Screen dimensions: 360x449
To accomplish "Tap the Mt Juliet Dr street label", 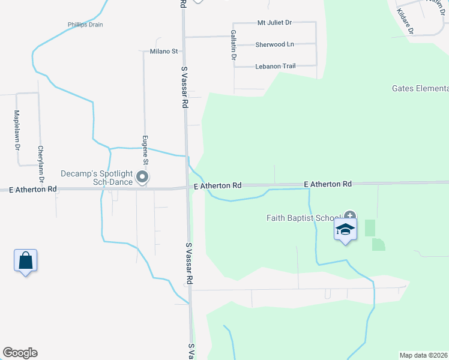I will (x=274, y=22).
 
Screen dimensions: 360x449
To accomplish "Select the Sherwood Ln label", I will (x=275, y=44).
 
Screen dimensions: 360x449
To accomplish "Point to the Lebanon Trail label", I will (x=276, y=66).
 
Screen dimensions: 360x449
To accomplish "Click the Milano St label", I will (x=164, y=52).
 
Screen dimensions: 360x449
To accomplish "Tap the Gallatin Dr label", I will (x=234, y=45).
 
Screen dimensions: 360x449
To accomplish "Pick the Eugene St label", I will (x=145, y=150).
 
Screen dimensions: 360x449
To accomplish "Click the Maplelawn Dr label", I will (x=17, y=130).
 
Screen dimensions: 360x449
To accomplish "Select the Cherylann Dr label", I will (x=41, y=164).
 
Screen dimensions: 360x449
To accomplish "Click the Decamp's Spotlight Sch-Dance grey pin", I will (x=142, y=177).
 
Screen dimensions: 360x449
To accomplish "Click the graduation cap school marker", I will (x=346, y=230).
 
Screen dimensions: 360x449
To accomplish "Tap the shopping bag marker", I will (x=25, y=261).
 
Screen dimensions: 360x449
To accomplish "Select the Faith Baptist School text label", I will (x=304, y=218).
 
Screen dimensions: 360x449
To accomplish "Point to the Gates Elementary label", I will (x=420, y=89).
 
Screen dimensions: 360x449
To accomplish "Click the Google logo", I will (x=20, y=353).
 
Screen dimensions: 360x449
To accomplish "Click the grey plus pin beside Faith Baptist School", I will (x=350, y=215).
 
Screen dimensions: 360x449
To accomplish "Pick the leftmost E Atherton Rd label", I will (x=33, y=189).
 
